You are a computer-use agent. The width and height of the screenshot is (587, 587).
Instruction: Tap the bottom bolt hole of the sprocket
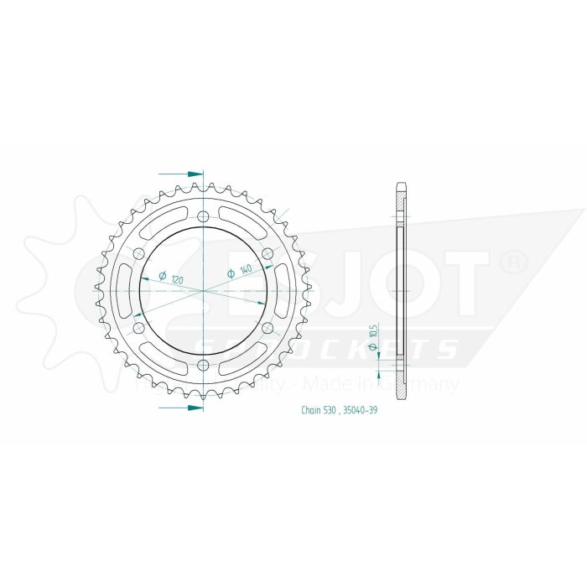tap(203, 364)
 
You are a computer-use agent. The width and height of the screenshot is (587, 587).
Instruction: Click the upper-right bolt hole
tap(268, 253)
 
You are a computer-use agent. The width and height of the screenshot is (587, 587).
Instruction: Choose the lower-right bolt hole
tap(268, 327)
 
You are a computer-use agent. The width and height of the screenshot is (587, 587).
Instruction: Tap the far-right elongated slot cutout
tap(284, 290)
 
